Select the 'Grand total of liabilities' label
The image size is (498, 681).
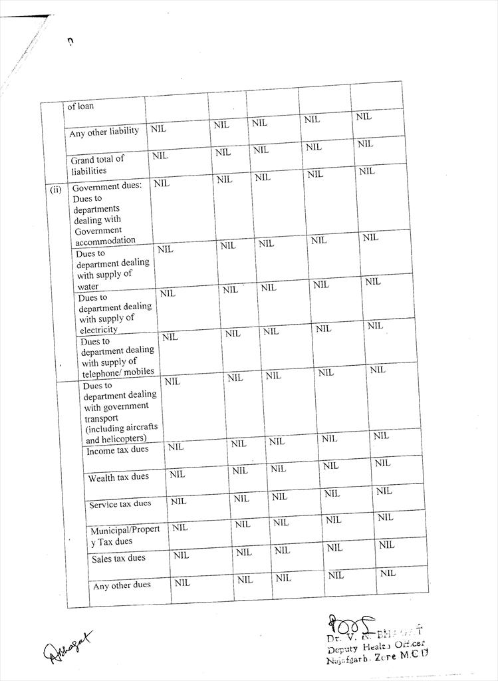pos(98,164)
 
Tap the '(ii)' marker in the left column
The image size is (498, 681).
pos(56,189)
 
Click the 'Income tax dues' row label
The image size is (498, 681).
pos(118,450)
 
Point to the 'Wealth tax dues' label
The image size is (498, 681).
pos(118,477)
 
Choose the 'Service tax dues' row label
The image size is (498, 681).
pos(120,504)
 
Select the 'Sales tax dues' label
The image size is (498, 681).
pos(118,558)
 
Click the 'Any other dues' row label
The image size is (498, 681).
pos(122,585)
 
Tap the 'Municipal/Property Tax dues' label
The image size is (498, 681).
pos(125,535)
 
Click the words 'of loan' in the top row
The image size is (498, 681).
pos(80,106)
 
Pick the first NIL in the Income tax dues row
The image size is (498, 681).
pos(176,447)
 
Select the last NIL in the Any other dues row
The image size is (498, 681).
pos(388,573)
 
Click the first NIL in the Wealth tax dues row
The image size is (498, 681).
pos(177,474)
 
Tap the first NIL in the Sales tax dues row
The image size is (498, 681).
pos(181,555)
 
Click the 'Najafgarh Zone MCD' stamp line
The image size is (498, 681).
pos(376,658)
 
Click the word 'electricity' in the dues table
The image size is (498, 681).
pos(99,330)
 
